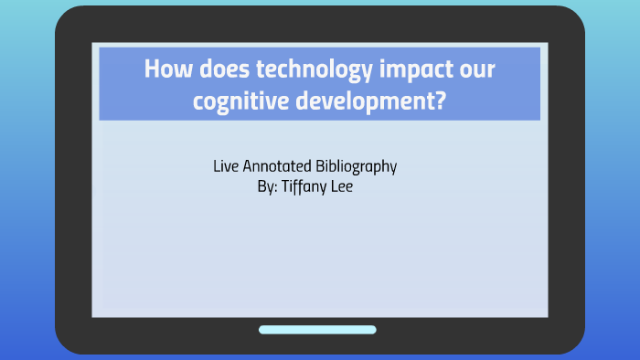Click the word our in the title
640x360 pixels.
[475, 71]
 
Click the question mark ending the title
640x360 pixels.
[441, 101]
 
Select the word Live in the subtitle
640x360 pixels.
[225, 167]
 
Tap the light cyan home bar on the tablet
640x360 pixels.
[317, 330]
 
